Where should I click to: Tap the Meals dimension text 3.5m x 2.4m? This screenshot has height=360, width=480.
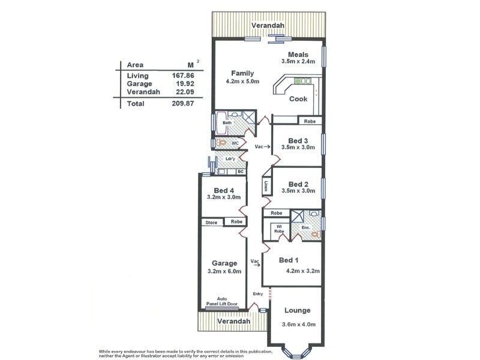298,61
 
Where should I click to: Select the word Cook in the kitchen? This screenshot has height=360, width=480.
298,99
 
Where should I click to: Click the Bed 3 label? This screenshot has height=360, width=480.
298,140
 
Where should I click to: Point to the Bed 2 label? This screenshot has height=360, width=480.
298,184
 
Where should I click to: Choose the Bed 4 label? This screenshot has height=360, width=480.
223,190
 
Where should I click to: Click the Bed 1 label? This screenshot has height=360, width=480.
289,260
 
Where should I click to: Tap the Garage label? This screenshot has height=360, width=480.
224,263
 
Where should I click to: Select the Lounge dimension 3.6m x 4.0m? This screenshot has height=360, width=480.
298,325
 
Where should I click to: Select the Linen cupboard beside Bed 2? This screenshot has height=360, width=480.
266,186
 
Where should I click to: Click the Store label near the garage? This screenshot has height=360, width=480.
211,222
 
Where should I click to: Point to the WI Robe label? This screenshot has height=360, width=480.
279,228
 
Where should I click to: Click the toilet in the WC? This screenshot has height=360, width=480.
222,143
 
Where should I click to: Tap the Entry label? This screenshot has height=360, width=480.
258,294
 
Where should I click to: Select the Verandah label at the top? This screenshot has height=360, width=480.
268,26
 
